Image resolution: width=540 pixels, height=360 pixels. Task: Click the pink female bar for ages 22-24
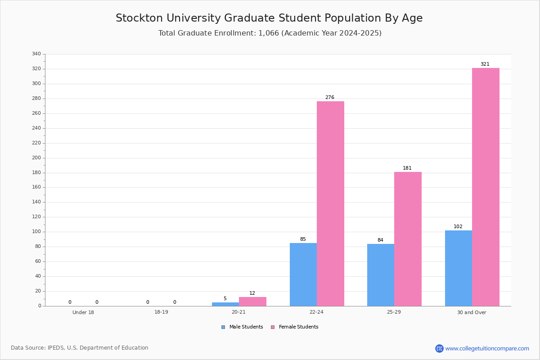[x=330, y=203]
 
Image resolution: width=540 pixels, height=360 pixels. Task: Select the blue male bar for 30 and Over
[x=459, y=268]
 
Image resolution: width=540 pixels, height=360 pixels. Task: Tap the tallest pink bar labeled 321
[x=486, y=187]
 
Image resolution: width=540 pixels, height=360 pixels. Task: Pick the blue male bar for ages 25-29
[x=381, y=275]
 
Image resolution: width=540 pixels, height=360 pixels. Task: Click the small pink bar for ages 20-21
[x=252, y=301]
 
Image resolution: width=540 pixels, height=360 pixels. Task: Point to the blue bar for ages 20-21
[x=225, y=304]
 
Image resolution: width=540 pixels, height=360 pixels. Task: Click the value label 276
[x=330, y=98]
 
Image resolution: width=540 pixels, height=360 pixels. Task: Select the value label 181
[x=407, y=168]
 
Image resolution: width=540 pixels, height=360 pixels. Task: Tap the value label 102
[x=458, y=227]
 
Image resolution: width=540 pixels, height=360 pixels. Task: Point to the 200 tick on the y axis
[x=36, y=158]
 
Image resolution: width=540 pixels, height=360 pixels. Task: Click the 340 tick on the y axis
[x=36, y=54]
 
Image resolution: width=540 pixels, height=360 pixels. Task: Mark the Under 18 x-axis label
[x=83, y=312]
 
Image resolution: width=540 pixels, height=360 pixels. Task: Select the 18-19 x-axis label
[x=161, y=312]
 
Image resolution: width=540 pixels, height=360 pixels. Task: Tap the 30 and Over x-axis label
[x=472, y=312]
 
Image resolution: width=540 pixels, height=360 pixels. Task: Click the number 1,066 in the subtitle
[x=269, y=33]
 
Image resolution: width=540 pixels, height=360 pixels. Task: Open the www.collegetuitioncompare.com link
[x=487, y=349]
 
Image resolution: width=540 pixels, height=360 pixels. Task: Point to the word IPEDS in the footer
[x=56, y=348]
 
